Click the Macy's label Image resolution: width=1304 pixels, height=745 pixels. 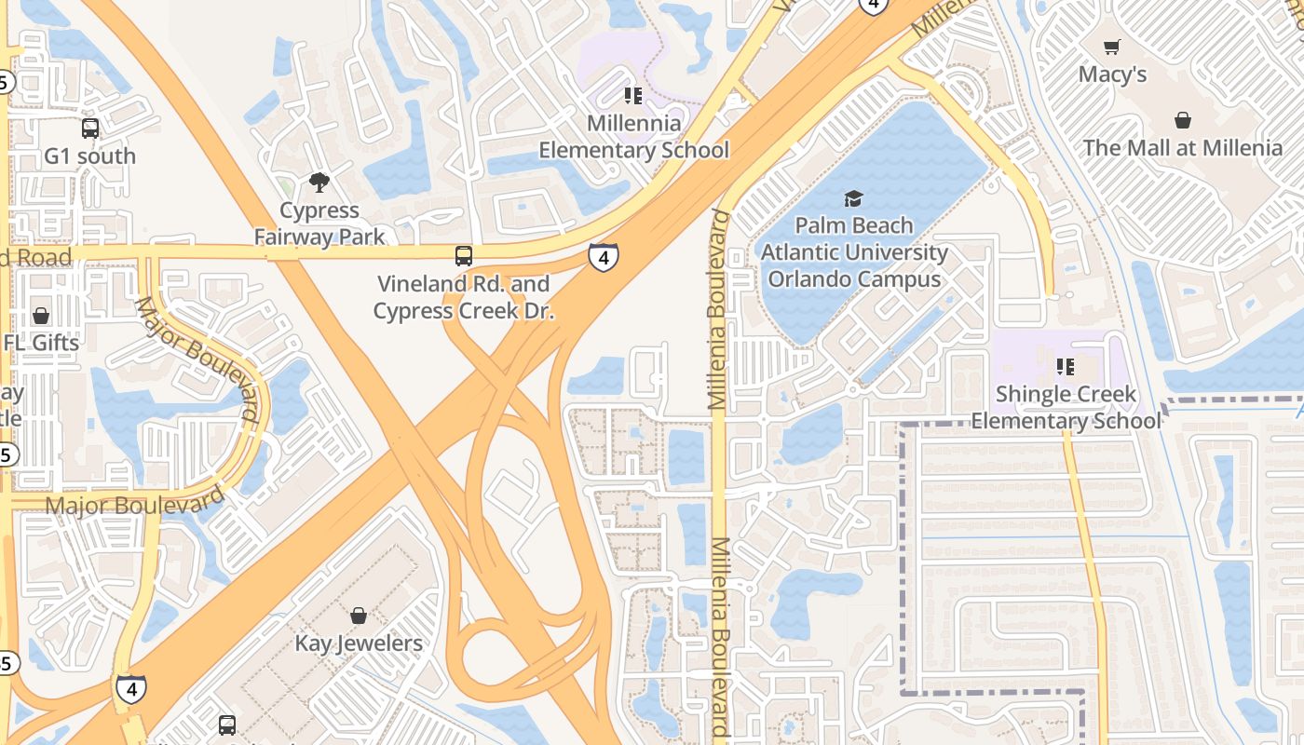[1112, 74]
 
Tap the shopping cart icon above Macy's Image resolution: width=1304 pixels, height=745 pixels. [1112, 47]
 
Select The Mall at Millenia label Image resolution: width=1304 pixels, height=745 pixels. [1182, 147]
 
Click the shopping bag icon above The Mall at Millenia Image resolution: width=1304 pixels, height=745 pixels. [1182, 120]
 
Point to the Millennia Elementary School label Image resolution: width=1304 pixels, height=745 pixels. [633, 137]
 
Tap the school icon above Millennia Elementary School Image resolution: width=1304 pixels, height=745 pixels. [633, 95]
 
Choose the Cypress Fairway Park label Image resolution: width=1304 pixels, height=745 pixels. [319, 223]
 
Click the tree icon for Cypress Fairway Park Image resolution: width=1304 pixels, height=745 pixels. [319, 182]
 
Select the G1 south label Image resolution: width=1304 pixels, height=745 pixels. [90, 156]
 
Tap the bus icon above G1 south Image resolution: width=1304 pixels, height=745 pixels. [90, 129]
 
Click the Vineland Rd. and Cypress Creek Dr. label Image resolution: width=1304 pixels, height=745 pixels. [464, 297]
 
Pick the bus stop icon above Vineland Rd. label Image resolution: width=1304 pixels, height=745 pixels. [464, 255]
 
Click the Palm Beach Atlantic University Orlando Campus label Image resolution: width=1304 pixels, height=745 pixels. [853, 251]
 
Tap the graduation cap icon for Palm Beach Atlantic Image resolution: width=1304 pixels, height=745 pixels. [853, 197]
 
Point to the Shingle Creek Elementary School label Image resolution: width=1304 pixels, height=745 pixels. [1066, 407]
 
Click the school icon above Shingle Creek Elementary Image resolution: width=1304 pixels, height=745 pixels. [1066, 367]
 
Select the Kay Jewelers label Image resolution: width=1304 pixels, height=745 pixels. [359, 643]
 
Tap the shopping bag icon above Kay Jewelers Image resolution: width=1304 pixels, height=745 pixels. [359, 616]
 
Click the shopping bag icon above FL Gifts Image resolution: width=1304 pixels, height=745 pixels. [41, 316]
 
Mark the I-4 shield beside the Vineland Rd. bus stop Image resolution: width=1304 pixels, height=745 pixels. [603, 256]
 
